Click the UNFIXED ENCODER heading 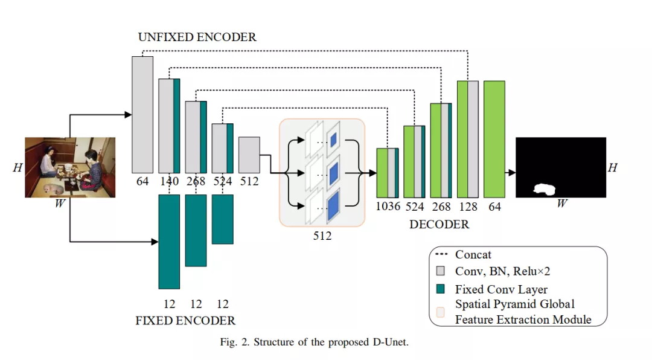pos(197,37)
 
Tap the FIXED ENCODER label pos(185,321)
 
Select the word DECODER pos(439,224)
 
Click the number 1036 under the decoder pos(388,207)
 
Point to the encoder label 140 pos(169,181)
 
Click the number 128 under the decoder pos(468,207)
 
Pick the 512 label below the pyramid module pos(322,236)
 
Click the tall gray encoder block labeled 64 pos(142,114)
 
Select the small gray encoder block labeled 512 pos(249,155)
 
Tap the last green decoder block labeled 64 pos(494,139)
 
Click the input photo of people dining pos(70,167)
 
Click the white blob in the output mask pos(545,190)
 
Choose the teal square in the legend pos(440,289)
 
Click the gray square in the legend pos(440,271)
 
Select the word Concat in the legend pos(473,254)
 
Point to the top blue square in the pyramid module pos(333,140)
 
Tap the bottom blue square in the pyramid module pos(333,205)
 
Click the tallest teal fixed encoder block pos(169,242)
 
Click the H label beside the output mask pos(613,167)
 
